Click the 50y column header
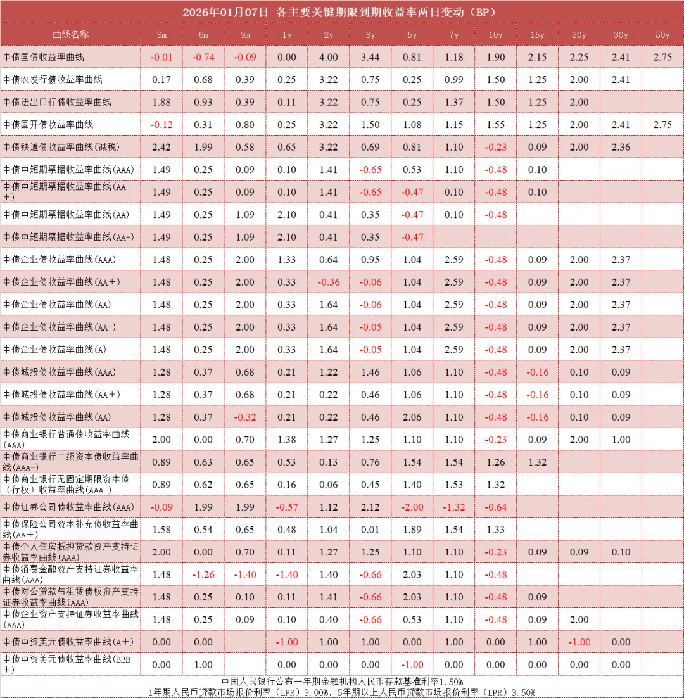coord(662,34)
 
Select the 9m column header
coord(244,34)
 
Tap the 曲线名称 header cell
coord(71,34)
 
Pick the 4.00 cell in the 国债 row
coord(328,57)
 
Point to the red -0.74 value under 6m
coord(203,57)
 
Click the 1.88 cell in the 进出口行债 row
coord(161,102)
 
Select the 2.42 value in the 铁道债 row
coord(161,147)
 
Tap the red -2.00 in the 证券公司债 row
coord(412,507)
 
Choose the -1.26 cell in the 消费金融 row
coord(203,574)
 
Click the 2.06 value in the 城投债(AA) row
coord(412,417)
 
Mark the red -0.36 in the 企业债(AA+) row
coord(328,282)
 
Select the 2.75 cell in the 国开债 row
coord(662,125)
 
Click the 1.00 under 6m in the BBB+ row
coord(203,664)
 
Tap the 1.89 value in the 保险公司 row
coord(412,530)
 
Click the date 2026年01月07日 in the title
coord(225,12)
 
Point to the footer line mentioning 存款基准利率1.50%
coord(342,682)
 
